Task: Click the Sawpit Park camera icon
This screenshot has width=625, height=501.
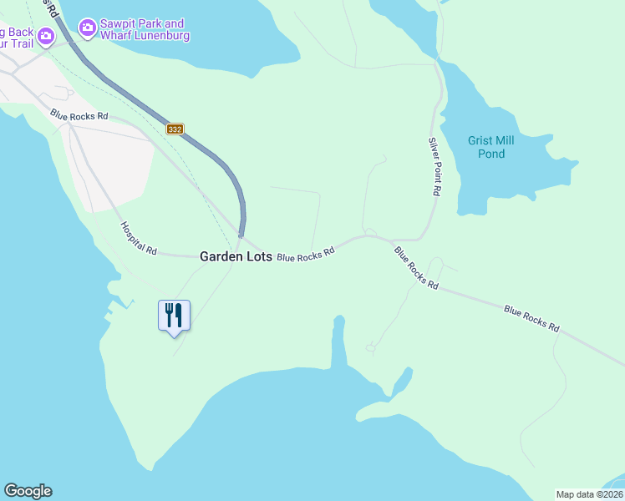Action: [87, 30]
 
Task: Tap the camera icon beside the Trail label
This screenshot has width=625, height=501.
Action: [45, 37]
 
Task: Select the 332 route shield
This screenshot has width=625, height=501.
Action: [175, 129]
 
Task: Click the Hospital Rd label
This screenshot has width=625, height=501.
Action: [138, 238]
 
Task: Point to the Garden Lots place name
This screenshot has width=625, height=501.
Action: [236, 257]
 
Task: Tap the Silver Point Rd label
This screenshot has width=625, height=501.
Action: [434, 166]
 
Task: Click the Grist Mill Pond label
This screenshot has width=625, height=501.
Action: [490, 147]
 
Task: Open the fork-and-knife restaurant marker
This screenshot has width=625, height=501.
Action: [174, 315]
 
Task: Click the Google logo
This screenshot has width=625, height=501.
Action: [28, 491]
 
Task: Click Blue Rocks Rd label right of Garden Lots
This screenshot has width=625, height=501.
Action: [305, 254]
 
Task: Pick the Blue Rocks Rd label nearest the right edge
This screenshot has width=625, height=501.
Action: [531, 319]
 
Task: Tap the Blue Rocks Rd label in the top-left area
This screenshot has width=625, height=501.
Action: [79, 115]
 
